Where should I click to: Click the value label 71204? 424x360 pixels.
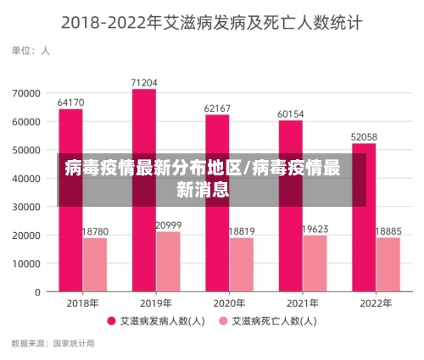143,82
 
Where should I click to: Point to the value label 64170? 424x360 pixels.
70,102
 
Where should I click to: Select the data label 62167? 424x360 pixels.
217,108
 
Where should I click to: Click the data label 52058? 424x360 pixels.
364,136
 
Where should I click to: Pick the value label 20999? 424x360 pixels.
168,224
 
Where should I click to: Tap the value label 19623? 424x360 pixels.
315,229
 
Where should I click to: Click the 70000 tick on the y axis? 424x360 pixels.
27,92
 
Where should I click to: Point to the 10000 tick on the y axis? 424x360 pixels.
27,263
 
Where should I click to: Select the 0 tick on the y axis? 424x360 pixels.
38,292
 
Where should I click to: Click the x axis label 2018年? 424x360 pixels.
82,303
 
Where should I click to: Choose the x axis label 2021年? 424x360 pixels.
303,303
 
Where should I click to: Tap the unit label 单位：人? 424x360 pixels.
31,51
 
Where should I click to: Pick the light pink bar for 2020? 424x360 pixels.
241,264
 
